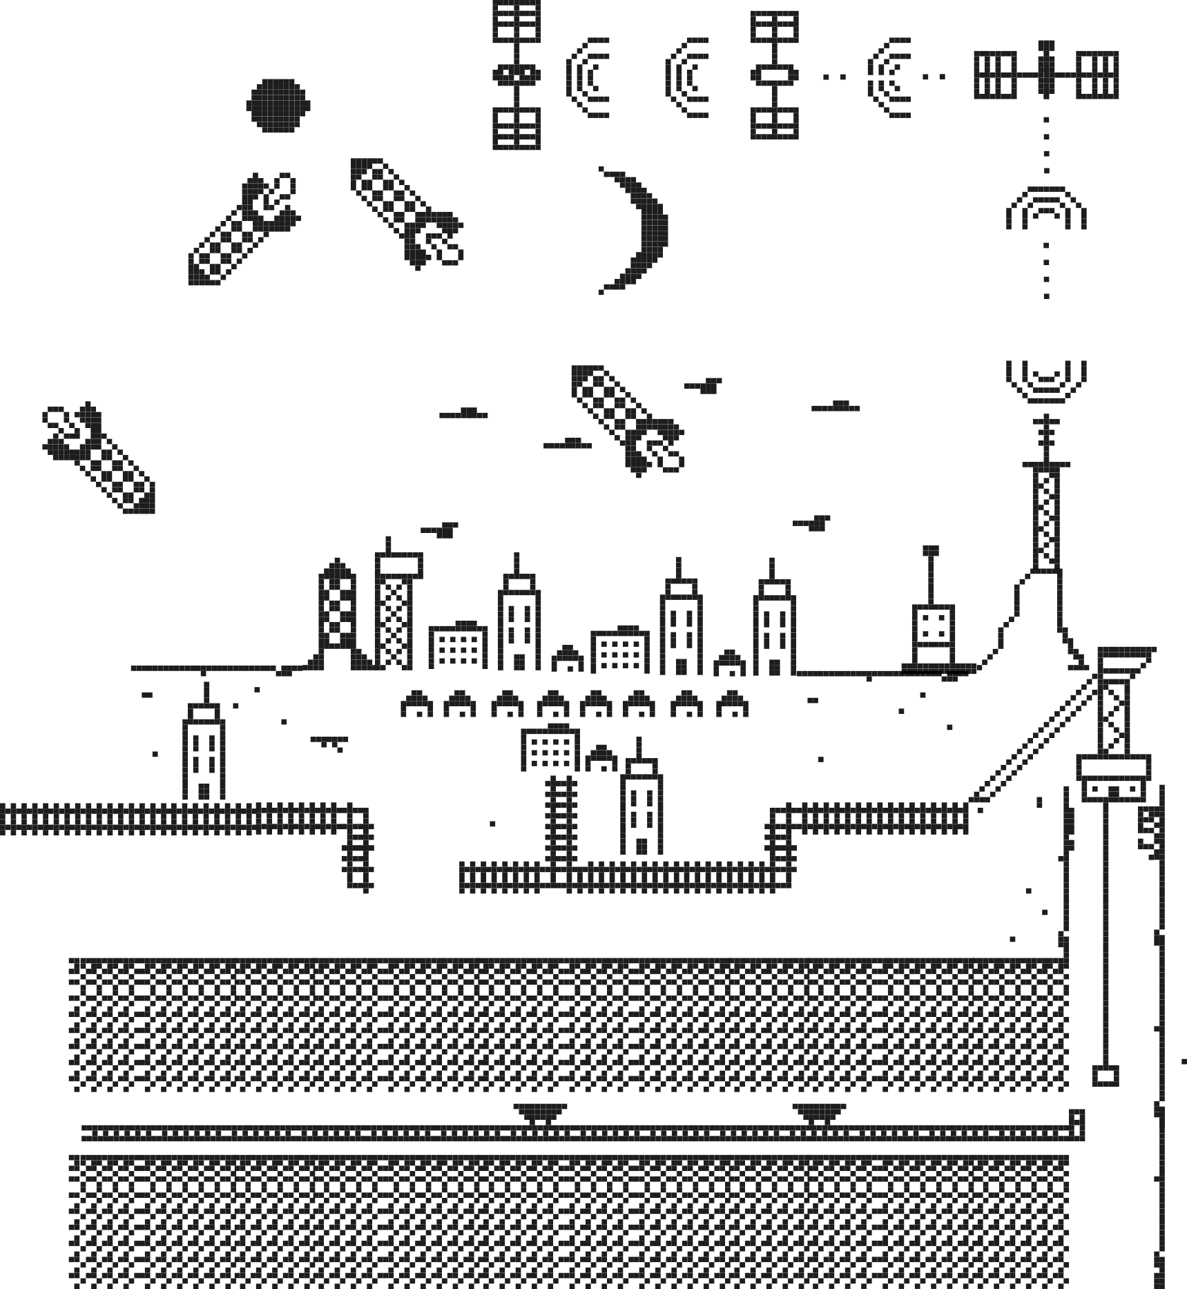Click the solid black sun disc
point(278,106)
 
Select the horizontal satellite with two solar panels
point(1046,75)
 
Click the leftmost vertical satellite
point(517,75)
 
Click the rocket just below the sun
point(245,229)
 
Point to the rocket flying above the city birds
point(627,420)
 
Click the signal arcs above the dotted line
point(1046,207)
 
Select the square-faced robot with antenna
point(933,632)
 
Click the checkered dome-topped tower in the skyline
point(337,606)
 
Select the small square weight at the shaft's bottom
point(1106,1076)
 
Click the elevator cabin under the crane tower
point(1113,779)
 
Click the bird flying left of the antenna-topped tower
point(440,530)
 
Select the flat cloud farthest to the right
point(836,407)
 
